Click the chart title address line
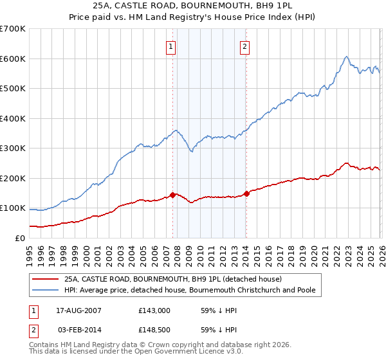(192, 6)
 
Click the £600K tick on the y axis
(13, 59)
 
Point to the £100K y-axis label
(13, 208)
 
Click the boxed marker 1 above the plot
(171, 46)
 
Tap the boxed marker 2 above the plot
(245, 46)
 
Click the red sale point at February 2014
(246, 193)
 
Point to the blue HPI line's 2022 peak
(346, 57)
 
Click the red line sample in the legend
(46, 279)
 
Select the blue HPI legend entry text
(190, 290)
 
